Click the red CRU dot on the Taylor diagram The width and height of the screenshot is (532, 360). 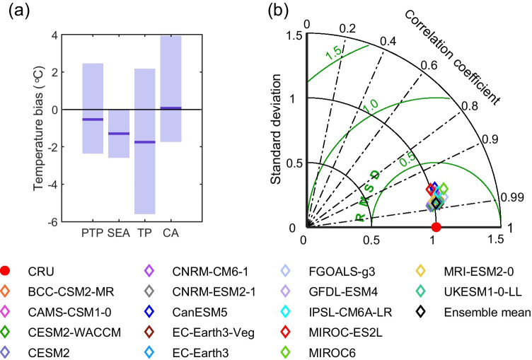[436, 227]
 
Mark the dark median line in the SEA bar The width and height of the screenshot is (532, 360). [119, 134]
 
